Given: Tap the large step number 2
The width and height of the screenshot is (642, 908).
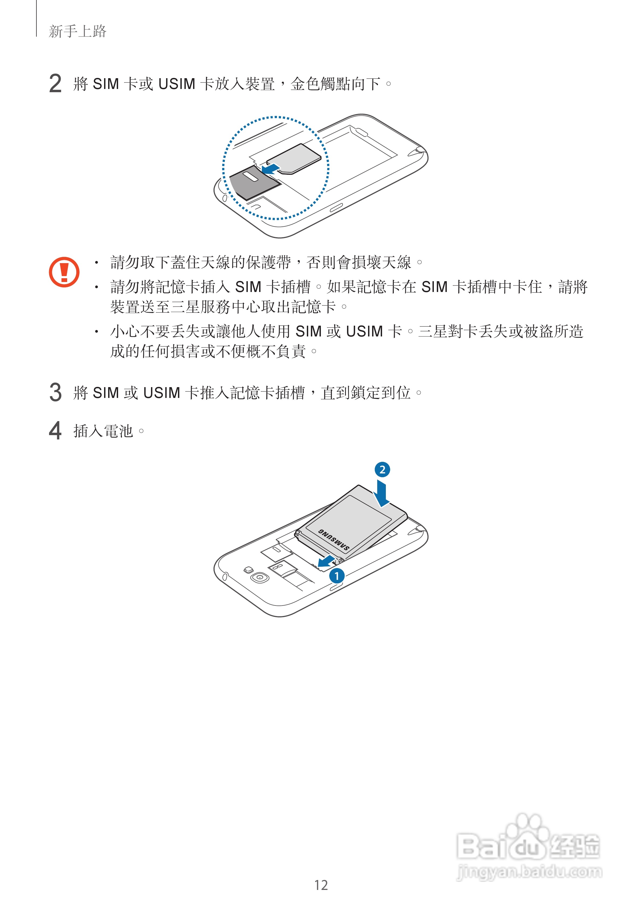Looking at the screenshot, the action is tap(55, 84).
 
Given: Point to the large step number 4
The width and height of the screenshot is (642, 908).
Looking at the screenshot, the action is tap(55, 431).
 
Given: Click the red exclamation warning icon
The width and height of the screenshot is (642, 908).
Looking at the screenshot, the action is tap(64, 272).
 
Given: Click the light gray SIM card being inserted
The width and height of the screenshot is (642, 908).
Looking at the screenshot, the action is tap(294, 159).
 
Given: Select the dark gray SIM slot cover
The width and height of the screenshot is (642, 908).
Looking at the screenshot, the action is tap(254, 182).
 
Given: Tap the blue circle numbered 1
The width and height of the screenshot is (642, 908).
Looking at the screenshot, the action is tap(337, 576).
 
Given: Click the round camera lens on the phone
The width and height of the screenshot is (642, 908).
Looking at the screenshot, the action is tap(259, 577).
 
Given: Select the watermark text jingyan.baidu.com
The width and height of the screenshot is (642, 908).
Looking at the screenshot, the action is tap(529, 872).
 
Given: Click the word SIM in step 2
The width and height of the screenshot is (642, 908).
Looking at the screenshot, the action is tap(106, 84).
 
